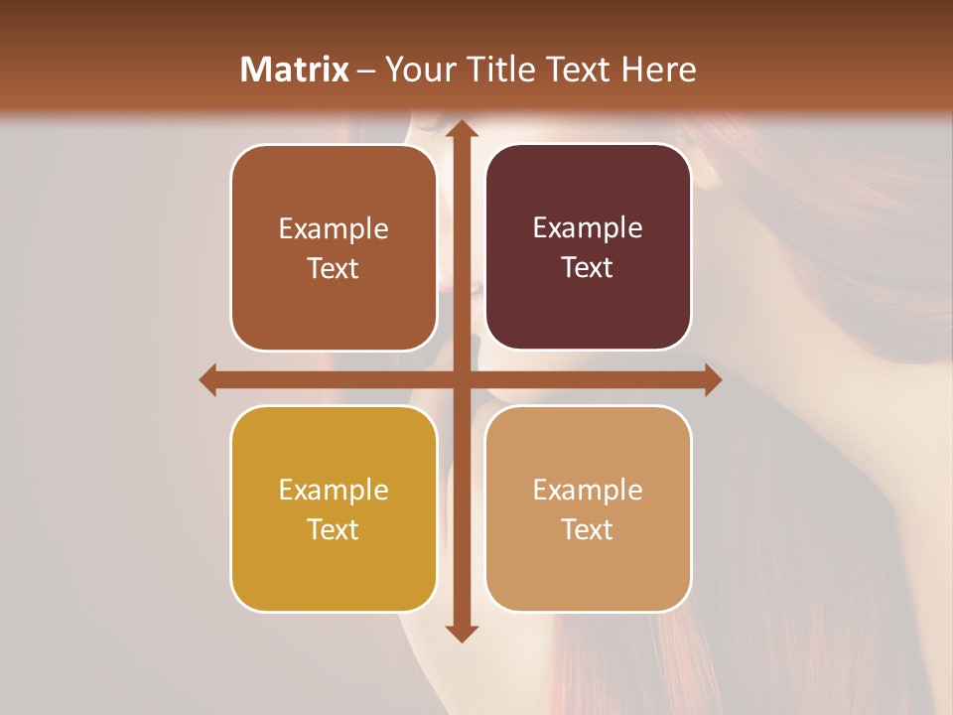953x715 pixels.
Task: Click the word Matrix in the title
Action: click(x=295, y=69)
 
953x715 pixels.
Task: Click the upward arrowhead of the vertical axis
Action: click(x=461, y=130)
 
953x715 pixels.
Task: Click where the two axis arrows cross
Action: click(x=461, y=379)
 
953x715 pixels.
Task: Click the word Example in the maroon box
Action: click(x=588, y=227)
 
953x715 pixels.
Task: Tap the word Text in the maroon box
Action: click(x=588, y=268)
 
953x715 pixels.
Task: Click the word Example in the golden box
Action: click(x=334, y=490)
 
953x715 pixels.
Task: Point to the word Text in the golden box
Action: click(x=334, y=530)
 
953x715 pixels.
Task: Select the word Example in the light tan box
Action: click(x=588, y=490)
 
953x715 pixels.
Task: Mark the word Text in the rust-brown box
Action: click(x=334, y=269)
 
